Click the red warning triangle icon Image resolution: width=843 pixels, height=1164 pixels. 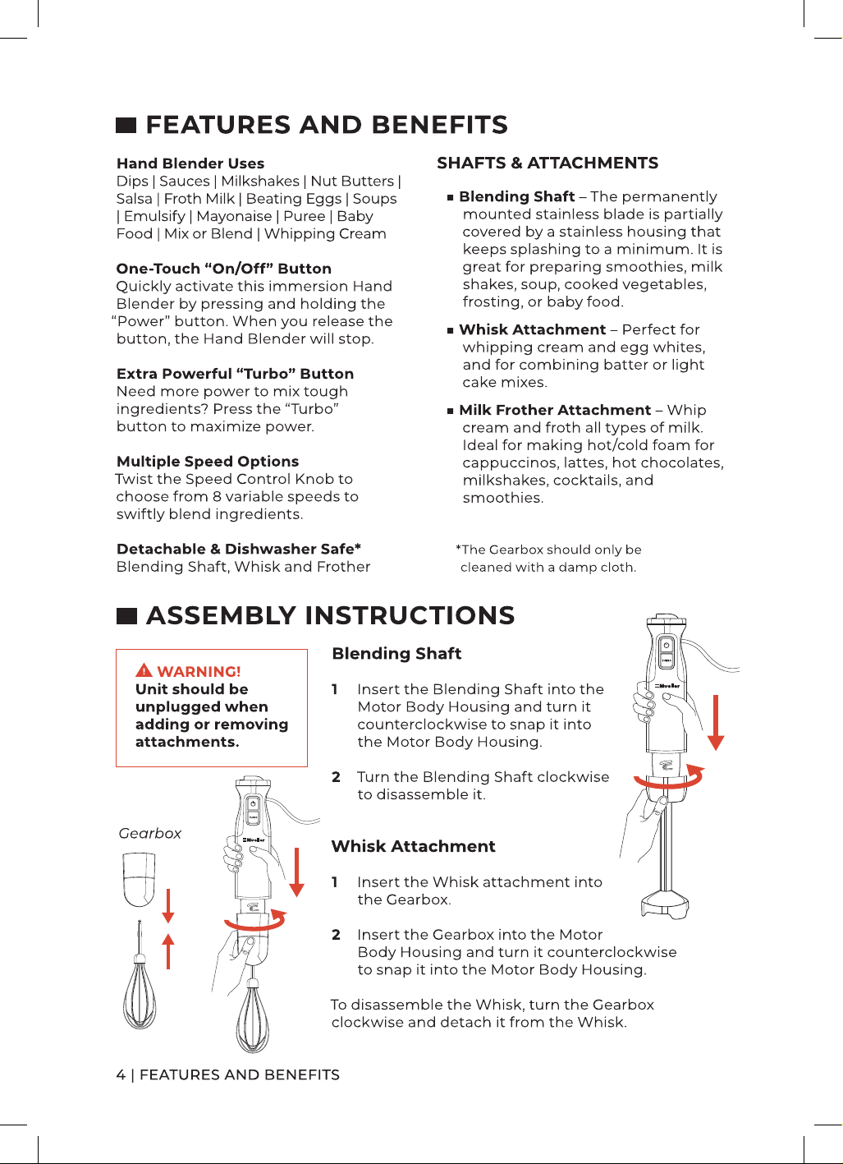[144, 670]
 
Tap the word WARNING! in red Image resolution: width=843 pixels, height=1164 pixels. [199, 671]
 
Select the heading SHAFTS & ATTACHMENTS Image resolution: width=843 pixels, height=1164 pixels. [547, 163]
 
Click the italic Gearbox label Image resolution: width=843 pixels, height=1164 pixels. [150, 834]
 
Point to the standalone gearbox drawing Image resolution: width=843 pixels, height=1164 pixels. [139, 879]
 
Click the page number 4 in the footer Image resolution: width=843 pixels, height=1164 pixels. [121, 1074]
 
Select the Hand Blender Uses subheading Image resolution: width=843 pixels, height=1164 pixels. [190, 163]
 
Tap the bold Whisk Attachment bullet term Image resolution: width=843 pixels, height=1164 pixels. [533, 329]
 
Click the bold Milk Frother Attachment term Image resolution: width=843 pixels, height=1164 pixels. [555, 410]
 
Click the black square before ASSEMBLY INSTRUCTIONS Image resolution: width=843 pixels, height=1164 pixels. [126, 616]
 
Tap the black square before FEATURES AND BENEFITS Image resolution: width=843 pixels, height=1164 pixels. [126, 125]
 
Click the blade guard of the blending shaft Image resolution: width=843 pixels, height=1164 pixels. [666, 905]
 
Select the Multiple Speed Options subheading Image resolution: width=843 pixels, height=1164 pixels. [208, 462]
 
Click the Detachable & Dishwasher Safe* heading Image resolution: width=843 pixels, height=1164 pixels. [239, 549]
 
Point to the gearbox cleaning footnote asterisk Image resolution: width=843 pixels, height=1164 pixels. [458, 548]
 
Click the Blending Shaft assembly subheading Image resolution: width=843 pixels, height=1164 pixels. [396, 653]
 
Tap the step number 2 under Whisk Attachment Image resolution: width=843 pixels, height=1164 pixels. [336, 935]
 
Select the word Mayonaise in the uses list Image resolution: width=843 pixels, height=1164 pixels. [234, 216]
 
